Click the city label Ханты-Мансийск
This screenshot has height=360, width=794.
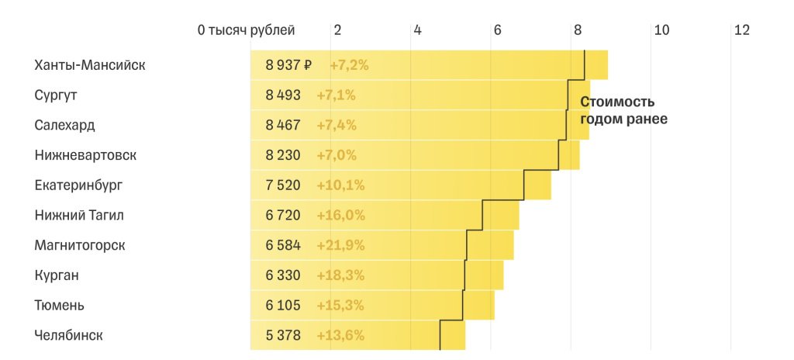(x=90, y=65)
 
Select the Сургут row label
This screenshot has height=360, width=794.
(x=56, y=95)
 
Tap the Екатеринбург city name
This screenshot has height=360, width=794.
(x=78, y=185)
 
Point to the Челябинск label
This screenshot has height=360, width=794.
(x=68, y=335)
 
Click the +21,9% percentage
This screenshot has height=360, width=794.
(x=340, y=245)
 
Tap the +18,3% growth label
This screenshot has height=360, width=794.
(x=340, y=275)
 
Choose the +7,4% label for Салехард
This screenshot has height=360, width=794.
(x=337, y=125)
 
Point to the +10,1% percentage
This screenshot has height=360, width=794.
(x=340, y=185)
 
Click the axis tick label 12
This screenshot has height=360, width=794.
(x=741, y=30)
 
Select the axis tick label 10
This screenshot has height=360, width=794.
(x=661, y=30)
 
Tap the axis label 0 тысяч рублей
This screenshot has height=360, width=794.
(x=247, y=30)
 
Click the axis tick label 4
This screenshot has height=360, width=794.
(x=417, y=30)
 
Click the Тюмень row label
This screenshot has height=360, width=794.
(x=59, y=306)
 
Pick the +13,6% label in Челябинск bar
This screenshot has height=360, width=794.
(x=340, y=335)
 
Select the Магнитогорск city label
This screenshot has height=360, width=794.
(x=80, y=245)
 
